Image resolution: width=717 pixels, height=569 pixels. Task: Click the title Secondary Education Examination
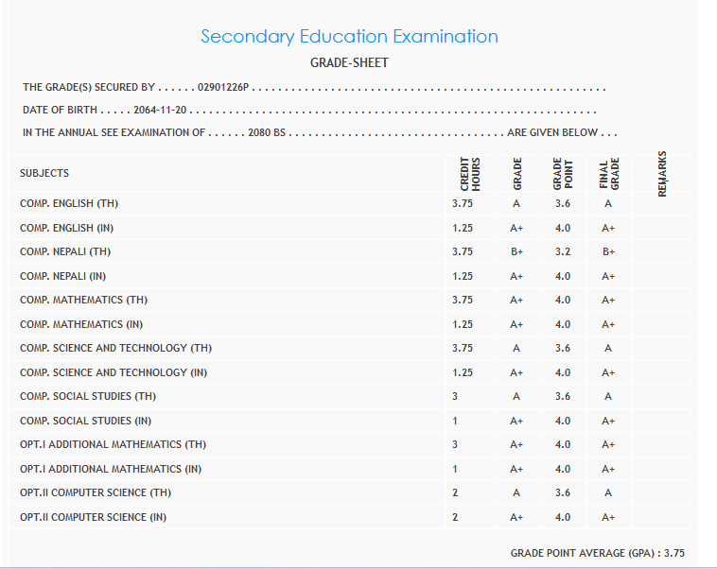pyautogui.click(x=349, y=37)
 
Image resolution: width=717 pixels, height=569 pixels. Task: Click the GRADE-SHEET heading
pyautogui.click(x=349, y=63)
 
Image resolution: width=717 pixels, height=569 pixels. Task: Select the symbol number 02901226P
pyautogui.click(x=222, y=88)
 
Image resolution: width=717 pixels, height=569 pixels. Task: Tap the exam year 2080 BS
pyautogui.click(x=266, y=133)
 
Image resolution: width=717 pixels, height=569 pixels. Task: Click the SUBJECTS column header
pyautogui.click(x=44, y=174)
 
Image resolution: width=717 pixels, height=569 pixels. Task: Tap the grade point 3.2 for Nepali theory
pyautogui.click(x=563, y=252)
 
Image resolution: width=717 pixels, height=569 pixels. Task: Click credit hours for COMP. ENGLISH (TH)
pyautogui.click(x=463, y=204)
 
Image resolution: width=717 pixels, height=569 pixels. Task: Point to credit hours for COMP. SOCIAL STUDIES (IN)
pyautogui.click(x=455, y=421)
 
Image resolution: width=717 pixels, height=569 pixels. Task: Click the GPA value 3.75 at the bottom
pyautogui.click(x=673, y=553)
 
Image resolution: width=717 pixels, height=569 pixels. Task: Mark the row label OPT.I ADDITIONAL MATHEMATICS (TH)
pyautogui.click(x=113, y=445)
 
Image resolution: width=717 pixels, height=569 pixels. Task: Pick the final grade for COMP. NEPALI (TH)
pyautogui.click(x=608, y=252)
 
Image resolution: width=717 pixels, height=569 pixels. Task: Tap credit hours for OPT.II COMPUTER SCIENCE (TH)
pyautogui.click(x=455, y=492)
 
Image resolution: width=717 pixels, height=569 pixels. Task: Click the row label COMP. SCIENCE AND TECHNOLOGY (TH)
pyautogui.click(x=115, y=349)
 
